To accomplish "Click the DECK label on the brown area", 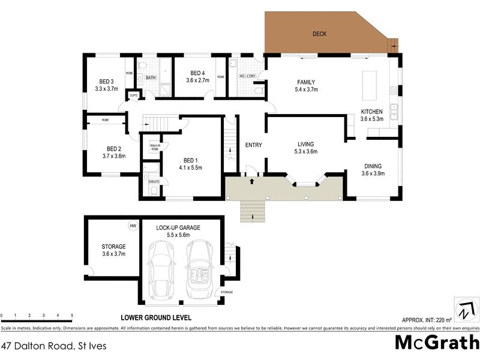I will click(320, 34).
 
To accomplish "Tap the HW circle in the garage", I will click(133, 226).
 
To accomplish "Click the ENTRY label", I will click(254, 145).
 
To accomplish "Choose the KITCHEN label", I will click(371, 112).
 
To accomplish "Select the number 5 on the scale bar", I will click(72, 315).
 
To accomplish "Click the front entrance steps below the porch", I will click(252, 211).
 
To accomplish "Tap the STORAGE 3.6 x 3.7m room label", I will click(113, 250).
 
